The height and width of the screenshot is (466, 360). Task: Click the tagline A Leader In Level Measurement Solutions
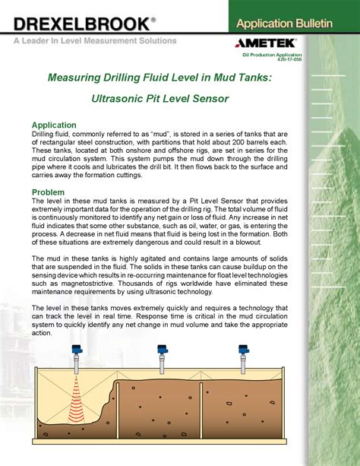[94, 40]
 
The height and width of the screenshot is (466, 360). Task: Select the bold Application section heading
[54, 125]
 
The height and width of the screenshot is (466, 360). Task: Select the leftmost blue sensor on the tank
[77, 352]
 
